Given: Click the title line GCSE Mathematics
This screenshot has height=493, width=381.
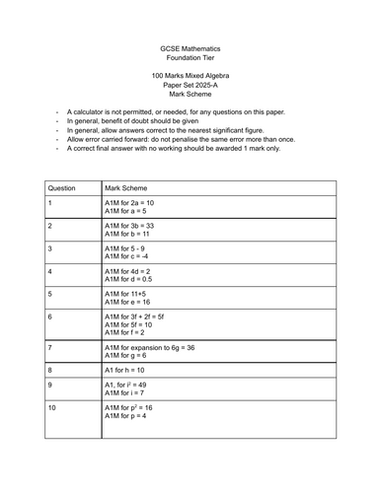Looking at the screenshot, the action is click(x=190, y=48).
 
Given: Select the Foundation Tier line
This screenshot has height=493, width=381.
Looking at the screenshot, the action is click(x=190, y=58).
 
